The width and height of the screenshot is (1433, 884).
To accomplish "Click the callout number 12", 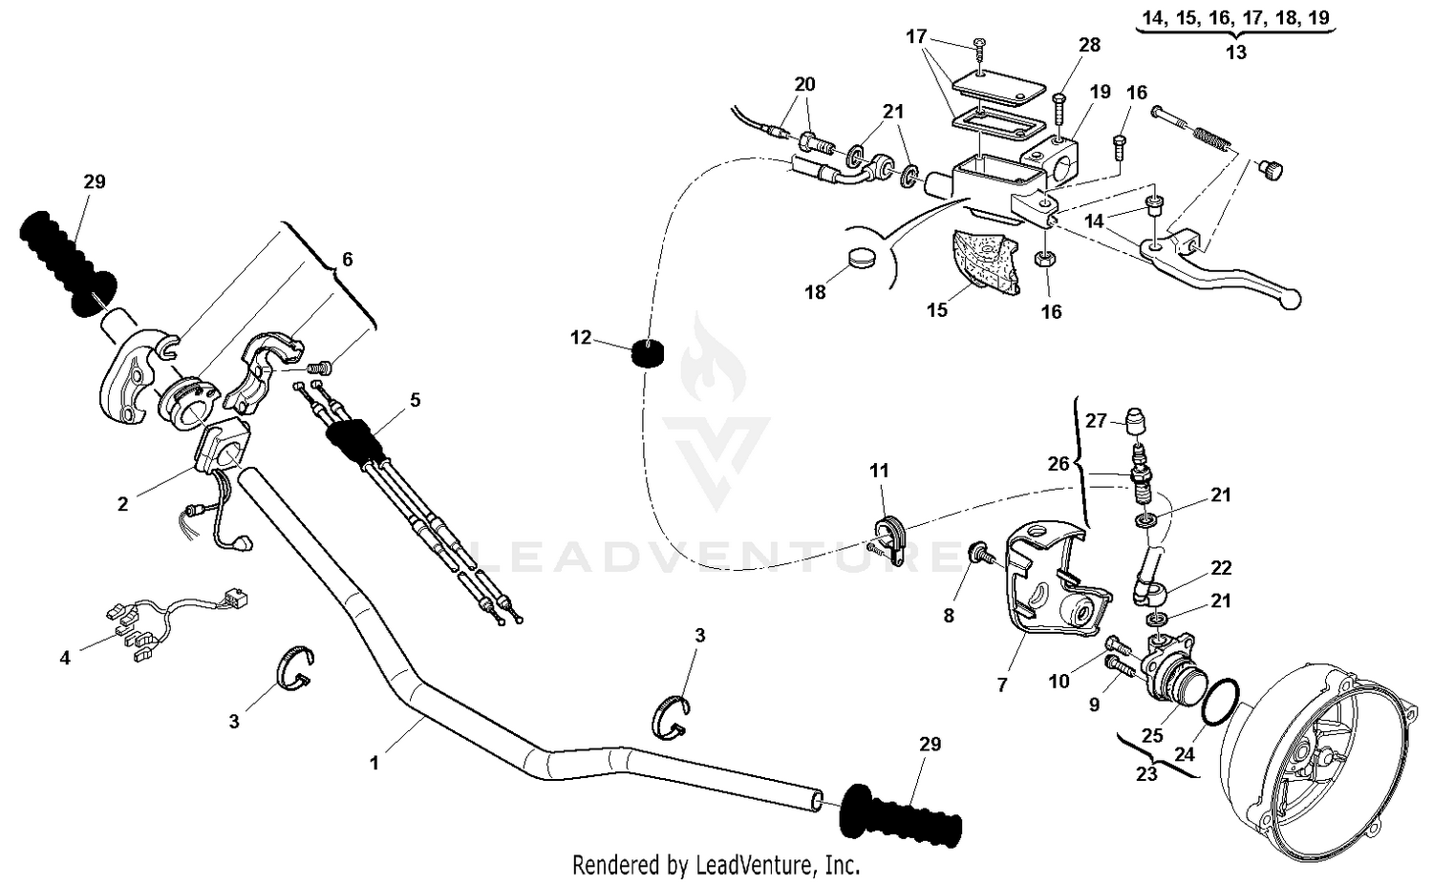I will click(581, 337).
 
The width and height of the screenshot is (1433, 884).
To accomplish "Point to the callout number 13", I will click(1235, 53).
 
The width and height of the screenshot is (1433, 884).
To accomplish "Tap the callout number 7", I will click(1001, 684).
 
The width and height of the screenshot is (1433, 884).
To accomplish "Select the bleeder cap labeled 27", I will click(1137, 421).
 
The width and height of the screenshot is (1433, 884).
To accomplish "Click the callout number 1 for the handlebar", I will click(374, 763).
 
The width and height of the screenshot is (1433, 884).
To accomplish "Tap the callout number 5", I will click(415, 399).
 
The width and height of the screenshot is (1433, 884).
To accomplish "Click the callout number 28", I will click(1089, 45).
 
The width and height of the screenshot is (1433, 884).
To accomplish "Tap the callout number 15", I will click(937, 309).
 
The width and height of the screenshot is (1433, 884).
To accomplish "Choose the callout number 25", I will click(1152, 736).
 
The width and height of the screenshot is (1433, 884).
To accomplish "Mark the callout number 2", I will click(122, 503).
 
